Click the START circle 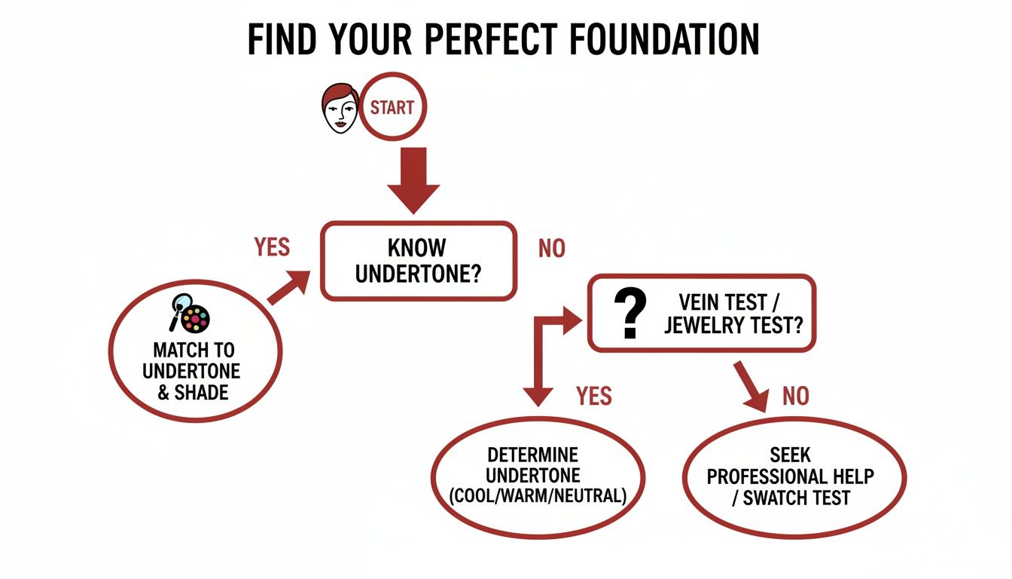(392, 108)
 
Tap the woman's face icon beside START (340, 109)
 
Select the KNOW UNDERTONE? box (419, 260)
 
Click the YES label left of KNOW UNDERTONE (272, 247)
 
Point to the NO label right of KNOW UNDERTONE (551, 250)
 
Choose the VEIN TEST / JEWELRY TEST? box (702, 313)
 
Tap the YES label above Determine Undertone (594, 395)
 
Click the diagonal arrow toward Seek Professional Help (751, 385)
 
